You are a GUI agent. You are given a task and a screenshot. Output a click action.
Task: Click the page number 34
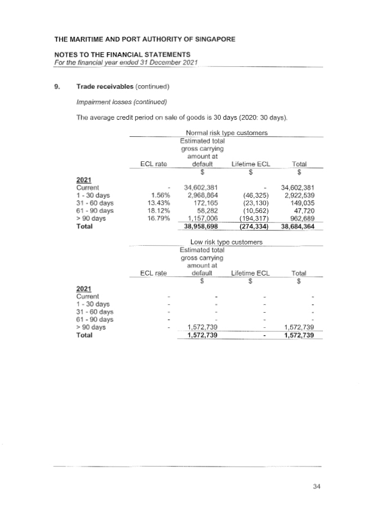click(316, 485)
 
